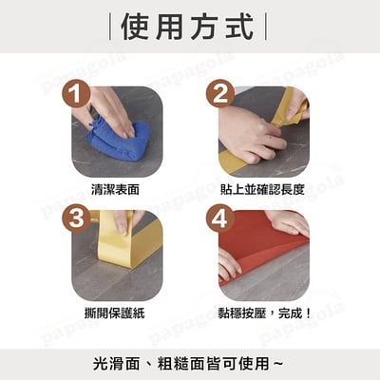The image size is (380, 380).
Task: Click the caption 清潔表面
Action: (119, 189)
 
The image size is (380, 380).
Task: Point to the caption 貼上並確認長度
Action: (262, 189)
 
